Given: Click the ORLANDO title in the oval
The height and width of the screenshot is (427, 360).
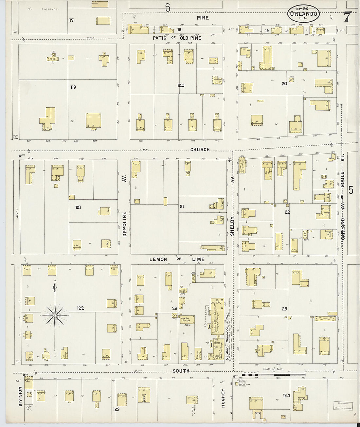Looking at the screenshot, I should click(303, 14).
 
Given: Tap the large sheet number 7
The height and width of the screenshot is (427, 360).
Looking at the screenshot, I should click(348, 16).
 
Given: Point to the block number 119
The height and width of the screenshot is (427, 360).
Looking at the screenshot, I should click(73, 87).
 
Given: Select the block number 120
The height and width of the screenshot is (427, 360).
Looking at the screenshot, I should click(181, 85).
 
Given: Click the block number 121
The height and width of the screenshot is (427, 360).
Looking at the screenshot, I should click(78, 207).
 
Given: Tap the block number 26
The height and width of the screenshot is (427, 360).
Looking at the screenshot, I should click(174, 308).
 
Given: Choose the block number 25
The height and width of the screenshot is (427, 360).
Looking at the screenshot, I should click(284, 309).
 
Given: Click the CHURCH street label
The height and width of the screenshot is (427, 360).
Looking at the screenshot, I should click(200, 150).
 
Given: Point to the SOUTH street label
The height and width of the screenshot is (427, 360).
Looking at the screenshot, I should click(181, 371).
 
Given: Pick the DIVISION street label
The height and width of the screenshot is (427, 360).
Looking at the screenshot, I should click(20, 397).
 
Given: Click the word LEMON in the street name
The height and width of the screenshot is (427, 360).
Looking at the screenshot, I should click(158, 259).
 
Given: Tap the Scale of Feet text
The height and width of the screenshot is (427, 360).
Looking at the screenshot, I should click(273, 369).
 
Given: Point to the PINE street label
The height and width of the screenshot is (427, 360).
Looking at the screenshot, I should click(203, 18).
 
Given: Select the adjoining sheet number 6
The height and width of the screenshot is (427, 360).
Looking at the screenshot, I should click(168, 7).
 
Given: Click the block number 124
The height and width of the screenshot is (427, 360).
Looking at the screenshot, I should click(286, 396).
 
